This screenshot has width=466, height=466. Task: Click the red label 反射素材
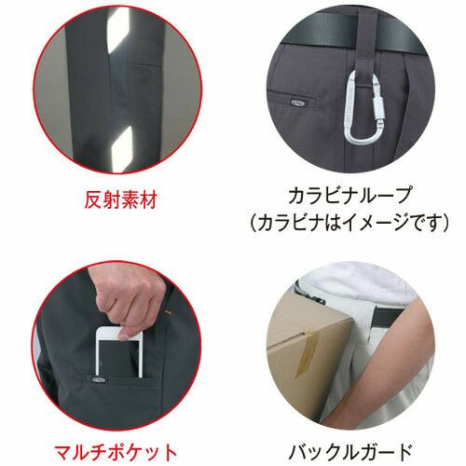click(120, 200)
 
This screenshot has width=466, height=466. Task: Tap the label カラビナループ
click(350, 196)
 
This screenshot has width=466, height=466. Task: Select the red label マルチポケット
click(116, 453)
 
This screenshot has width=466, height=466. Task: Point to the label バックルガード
click(350, 453)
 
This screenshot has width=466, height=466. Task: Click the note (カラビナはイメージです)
click(350, 223)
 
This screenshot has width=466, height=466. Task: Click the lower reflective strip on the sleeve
click(123, 148)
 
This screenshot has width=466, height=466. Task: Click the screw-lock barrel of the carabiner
click(380, 107)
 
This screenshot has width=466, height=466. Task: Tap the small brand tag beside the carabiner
click(298, 103)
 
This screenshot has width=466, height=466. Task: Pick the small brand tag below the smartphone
click(99, 379)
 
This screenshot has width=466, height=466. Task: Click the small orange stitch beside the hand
click(169, 310)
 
